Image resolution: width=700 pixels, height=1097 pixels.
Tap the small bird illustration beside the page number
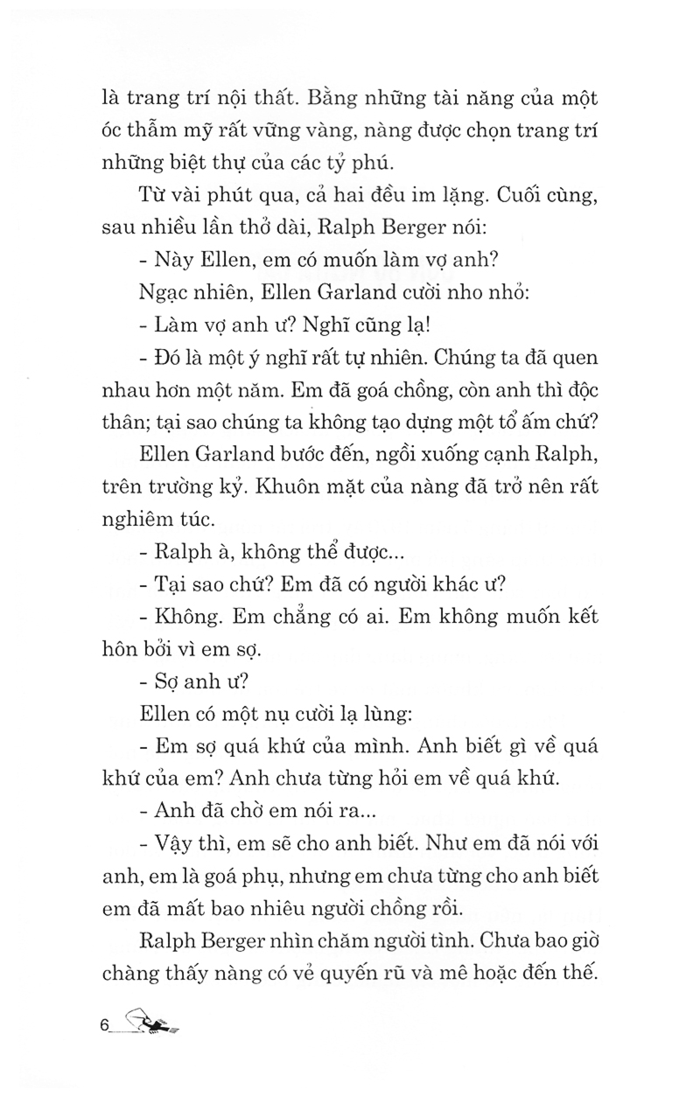click(150, 1019)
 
